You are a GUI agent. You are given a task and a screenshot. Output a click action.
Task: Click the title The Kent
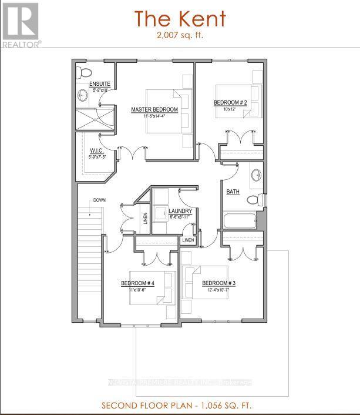(x=180, y=19)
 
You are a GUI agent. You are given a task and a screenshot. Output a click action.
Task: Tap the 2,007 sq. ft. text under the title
(x=180, y=35)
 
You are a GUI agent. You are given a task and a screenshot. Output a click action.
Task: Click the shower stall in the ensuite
(x=96, y=119)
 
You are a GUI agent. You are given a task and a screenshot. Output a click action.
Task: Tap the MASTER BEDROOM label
(x=154, y=109)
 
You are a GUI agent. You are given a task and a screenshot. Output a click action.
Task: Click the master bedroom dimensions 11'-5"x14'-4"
(x=154, y=116)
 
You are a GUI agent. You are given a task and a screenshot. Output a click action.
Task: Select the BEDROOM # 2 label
(x=230, y=102)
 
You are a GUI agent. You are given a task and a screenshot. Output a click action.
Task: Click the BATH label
(x=233, y=192)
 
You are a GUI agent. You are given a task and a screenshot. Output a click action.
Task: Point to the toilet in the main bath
(x=253, y=200)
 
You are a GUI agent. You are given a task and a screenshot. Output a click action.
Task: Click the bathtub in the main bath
(x=239, y=222)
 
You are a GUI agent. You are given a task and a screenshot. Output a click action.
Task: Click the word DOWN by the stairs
(x=99, y=200)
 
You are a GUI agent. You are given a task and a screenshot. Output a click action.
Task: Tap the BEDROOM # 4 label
(x=137, y=283)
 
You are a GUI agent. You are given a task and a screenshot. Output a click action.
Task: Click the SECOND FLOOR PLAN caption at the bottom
(x=180, y=406)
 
